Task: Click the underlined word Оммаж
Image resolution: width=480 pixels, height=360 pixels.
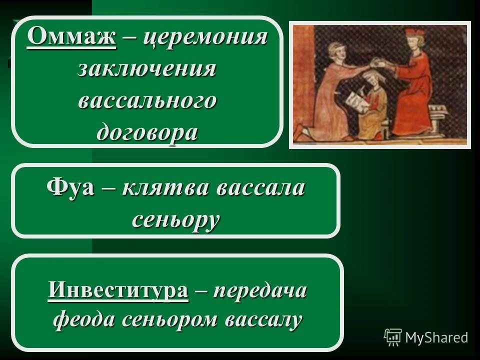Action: click(72, 38)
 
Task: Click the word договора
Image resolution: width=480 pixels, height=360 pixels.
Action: click(147, 132)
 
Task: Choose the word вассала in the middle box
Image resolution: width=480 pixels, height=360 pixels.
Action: click(260, 189)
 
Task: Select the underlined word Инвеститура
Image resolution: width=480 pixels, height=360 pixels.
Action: click(118, 290)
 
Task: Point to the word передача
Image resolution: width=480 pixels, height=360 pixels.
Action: click(260, 290)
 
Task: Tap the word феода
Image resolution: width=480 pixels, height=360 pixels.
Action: click(83, 318)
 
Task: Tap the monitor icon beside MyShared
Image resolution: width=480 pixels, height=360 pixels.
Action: click(393, 337)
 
